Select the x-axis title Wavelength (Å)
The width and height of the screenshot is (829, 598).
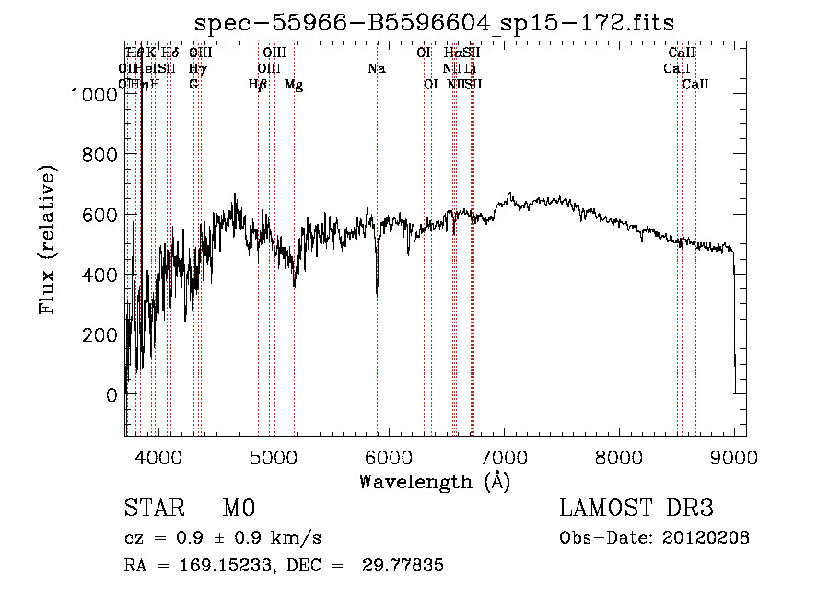(434, 480)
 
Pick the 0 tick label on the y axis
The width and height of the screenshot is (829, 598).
(111, 395)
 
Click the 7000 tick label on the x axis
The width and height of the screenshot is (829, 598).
(503, 457)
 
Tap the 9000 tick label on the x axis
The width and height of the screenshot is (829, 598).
(734, 457)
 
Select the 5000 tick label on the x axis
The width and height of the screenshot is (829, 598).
(273, 457)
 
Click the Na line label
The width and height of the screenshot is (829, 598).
(376, 68)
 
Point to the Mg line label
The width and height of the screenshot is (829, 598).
(294, 85)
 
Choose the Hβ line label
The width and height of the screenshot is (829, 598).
(258, 85)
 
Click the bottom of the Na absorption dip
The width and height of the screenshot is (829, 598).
(377, 293)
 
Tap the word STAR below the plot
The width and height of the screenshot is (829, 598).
(153, 510)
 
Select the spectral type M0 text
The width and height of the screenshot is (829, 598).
(238, 510)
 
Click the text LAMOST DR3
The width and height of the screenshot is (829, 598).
(636, 510)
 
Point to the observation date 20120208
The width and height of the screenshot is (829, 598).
(706, 538)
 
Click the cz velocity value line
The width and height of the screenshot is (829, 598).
(222, 538)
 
